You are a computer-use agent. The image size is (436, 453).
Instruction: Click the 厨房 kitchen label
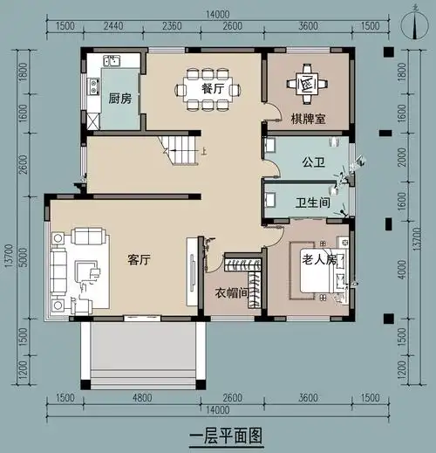[119, 99]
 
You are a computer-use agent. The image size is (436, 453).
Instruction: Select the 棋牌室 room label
[308, 119]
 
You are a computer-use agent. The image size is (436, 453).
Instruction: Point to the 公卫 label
[312, 162]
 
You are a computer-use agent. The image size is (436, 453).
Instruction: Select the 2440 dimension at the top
[114, 26]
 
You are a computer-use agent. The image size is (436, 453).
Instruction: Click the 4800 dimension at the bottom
[142, 397]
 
